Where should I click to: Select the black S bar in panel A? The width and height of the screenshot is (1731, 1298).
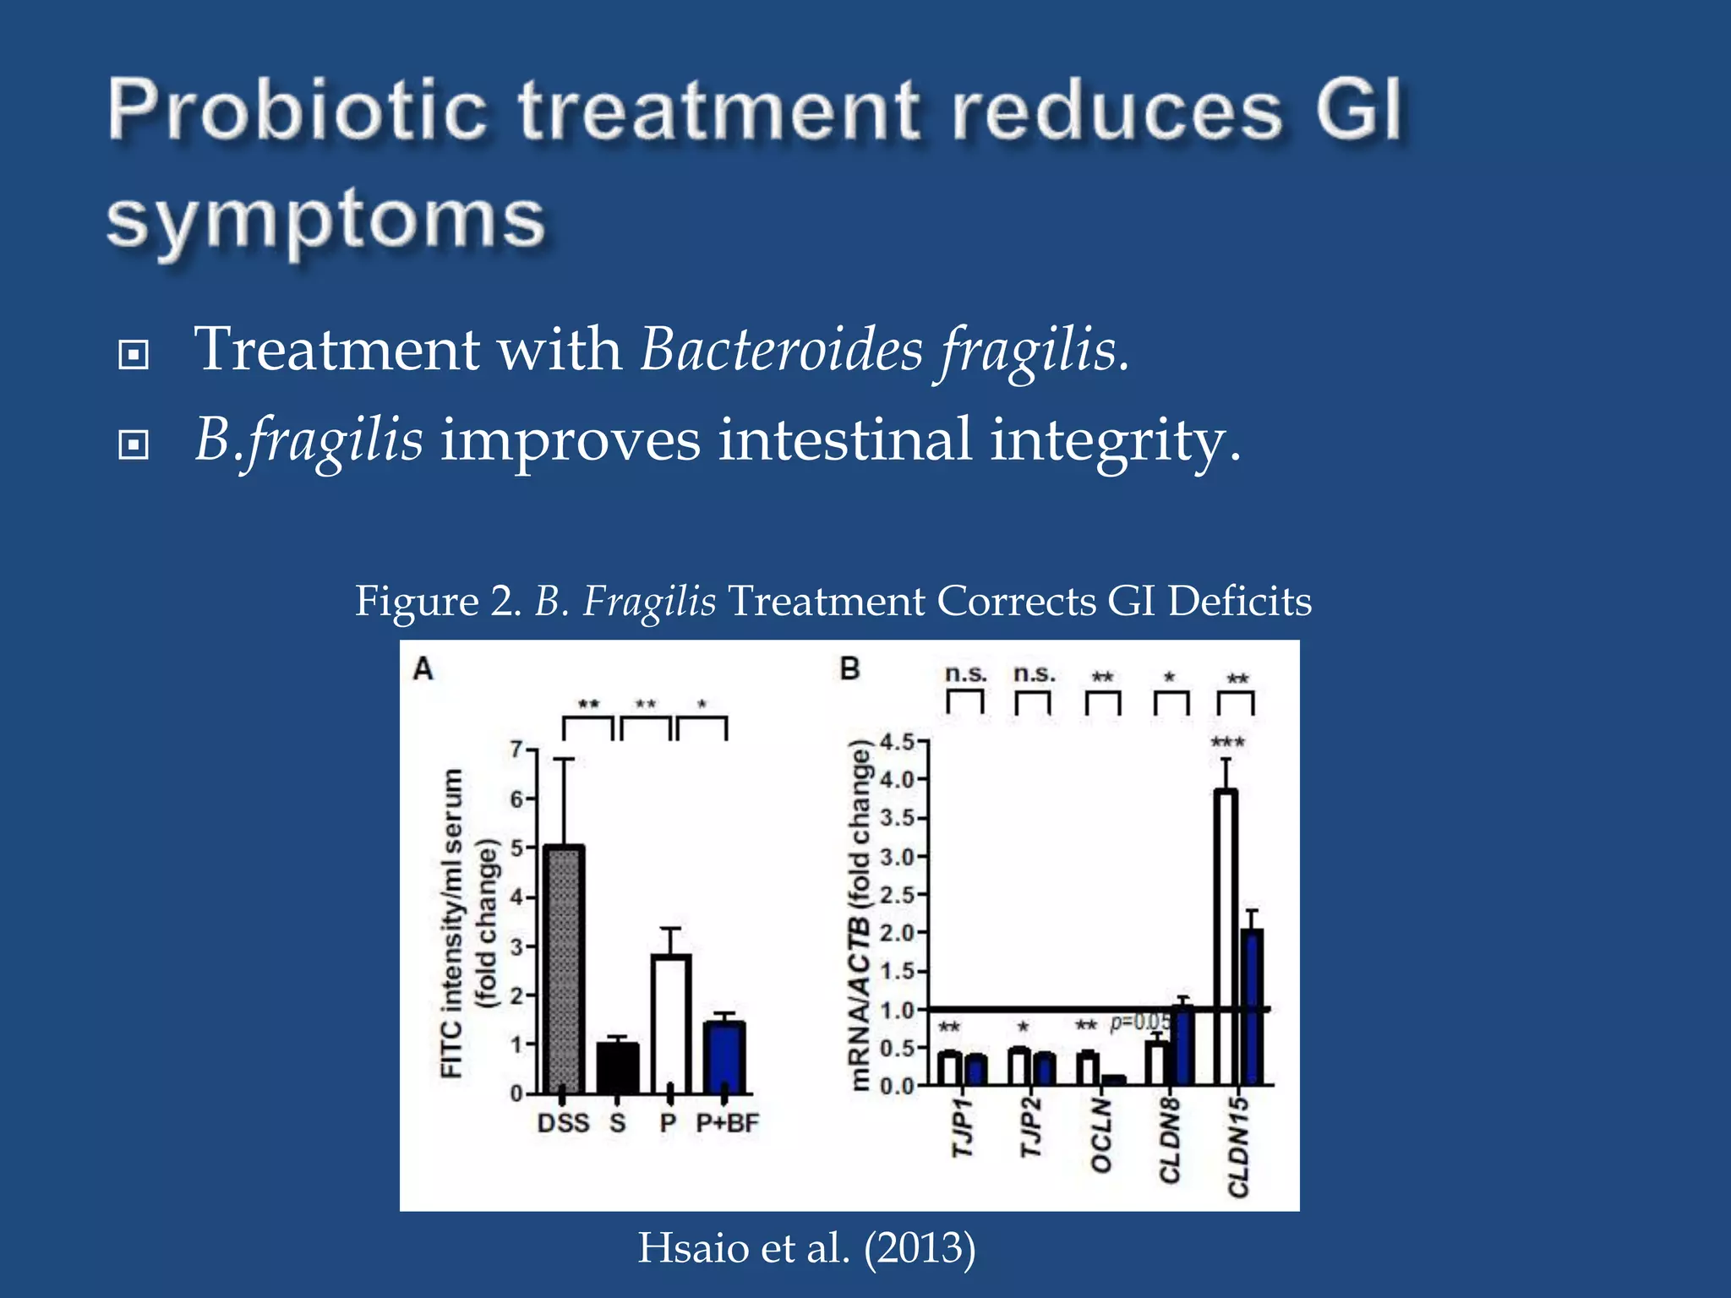pos(617,1068)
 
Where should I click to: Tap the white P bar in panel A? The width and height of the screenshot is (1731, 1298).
pos(671,1023)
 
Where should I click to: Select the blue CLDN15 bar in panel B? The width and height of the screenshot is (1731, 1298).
pos(1252,1006)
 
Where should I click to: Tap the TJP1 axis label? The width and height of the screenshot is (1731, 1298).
pos(963,1128)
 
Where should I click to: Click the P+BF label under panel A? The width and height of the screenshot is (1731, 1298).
pos(727,1123)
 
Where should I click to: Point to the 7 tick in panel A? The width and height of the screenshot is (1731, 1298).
pos(516,750)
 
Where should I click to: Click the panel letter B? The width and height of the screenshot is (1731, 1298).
pos(849,669)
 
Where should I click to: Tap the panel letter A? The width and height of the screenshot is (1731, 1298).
pos(423,669)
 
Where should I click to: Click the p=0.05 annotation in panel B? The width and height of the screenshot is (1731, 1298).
pos(1140,1023)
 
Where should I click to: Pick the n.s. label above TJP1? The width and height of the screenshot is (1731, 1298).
pos(965,674)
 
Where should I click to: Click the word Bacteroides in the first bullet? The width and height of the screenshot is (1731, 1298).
pos(781,349)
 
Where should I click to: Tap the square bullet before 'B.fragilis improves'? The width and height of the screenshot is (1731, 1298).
pos(134,444)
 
